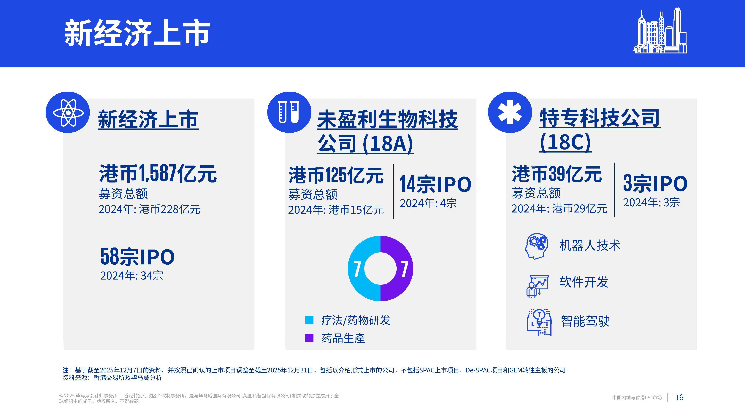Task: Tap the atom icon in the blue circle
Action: (68, 112)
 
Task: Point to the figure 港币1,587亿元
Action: (158, 174)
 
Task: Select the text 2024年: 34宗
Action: (132, 276)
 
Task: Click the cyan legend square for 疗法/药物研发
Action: (309, 320)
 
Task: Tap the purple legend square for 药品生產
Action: (309, 338)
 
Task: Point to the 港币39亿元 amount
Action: (557, 174)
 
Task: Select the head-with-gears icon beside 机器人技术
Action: (536, 246)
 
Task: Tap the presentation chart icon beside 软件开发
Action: (537, 286)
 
